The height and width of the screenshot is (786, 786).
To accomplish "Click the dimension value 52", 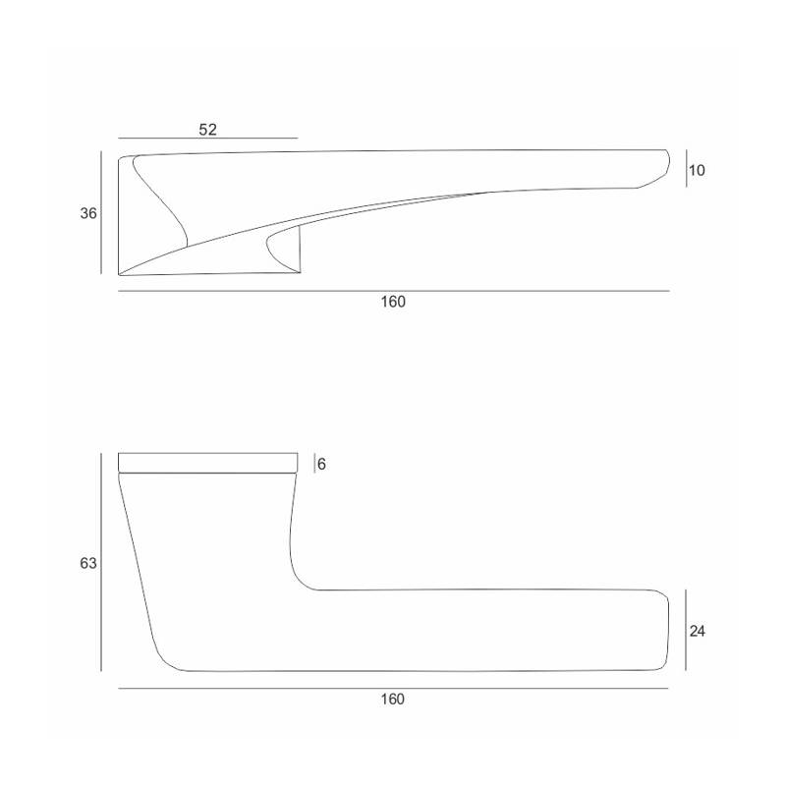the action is tap(207, 130).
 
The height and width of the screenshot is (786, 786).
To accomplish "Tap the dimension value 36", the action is tap(88, 213).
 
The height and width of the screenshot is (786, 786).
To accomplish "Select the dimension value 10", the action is tap(697, 170).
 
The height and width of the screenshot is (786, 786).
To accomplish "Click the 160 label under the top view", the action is tap(393, 302).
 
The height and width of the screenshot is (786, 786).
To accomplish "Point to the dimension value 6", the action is tap(322, 464).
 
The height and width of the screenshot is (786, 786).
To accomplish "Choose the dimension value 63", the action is tap(88, 563).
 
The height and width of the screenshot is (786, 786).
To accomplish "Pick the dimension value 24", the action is tap(698, 632).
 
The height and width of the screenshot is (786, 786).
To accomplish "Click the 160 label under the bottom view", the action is tap(392, 699).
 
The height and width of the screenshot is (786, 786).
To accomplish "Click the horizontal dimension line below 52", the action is tap(208, 138).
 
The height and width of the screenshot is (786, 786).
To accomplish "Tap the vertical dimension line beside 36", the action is tap(101, 212).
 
